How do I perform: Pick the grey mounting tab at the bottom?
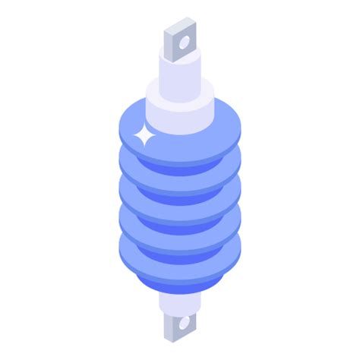pyautogui.click(x=179, y=327)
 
